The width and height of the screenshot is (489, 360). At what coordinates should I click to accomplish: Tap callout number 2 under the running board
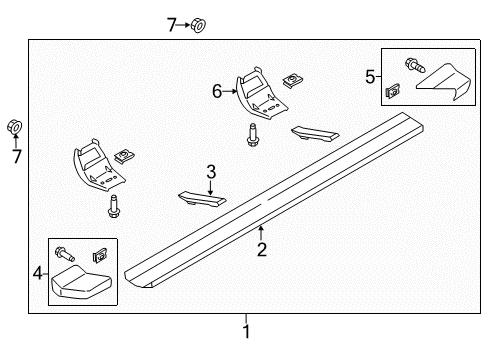pyautogui.click(x=262, y=249)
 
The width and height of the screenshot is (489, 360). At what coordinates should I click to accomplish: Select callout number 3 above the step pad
pyautogui.click(x=210, y=173)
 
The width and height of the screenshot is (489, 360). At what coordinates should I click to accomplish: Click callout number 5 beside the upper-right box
pyautogui.click(x=371, y=75)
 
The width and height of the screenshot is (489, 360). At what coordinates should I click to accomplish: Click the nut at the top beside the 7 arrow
pyautogui.click(x=198, y=23)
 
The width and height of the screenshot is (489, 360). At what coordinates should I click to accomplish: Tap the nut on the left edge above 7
pyautogui.click(x=15, y=127)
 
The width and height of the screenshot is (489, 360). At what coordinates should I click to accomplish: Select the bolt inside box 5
pyautogui.click(x=410, y=67)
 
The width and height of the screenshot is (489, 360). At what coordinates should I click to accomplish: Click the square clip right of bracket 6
pyautogui.click(x=293, y=78)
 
